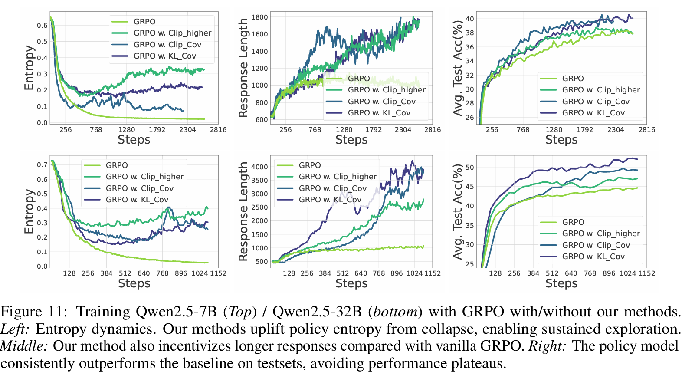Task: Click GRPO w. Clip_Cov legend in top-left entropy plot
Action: (x=167, y=44)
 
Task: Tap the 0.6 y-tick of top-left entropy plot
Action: (x=42, y=25)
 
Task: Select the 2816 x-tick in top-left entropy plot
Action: (x=218, y=129)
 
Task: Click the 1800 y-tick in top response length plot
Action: (x=259, y=17)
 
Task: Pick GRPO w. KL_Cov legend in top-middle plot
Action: (x=379, y=113)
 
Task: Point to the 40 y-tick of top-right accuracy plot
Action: (x=469, y=19)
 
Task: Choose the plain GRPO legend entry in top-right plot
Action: (x=573, y=79)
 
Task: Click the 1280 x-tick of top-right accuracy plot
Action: (x=554, y=129)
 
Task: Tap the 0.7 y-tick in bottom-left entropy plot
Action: (x=42, y=164)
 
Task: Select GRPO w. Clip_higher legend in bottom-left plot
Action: (x=144, y=177)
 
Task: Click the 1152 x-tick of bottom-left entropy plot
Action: (x=218, y=273)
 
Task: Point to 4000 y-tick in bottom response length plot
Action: (x=259, y=167)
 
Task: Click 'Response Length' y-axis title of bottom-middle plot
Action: (x=243, y=211)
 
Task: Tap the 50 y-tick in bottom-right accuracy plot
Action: (x=469, y=167)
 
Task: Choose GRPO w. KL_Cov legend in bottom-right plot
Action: (x=593, y=257)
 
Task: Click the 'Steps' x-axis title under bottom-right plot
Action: (x=561, y=283)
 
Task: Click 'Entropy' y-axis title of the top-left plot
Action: (x=29, y=68)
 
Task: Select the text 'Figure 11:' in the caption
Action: (x=34, y=312)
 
